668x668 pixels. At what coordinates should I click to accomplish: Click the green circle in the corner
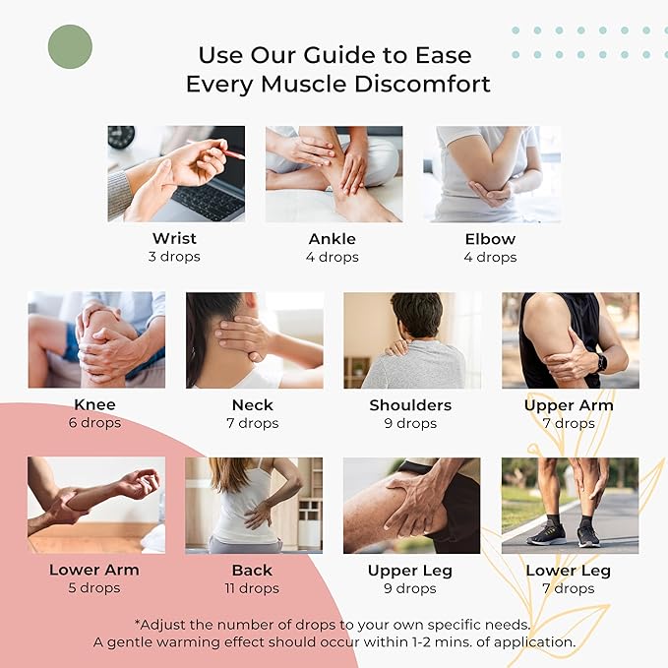pos(70,46)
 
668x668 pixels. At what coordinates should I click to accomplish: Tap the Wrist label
pos(174,238)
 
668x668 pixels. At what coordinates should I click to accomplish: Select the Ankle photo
pos(333,173)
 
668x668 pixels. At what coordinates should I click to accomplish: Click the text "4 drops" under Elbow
pos(490,257)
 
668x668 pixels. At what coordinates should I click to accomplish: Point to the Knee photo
pos(96,339)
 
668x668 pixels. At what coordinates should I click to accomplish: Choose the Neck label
pos(253,404)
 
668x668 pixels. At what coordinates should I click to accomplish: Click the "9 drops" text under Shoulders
pos(410,423)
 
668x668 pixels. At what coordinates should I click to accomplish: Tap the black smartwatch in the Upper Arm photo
pos(601,362)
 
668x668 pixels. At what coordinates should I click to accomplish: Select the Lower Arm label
pos(94,570)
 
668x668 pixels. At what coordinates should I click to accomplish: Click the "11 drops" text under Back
pos(253,588)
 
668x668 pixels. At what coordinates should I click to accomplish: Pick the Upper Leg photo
pos(411,505)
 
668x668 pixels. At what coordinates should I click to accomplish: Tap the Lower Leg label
pos(568,570)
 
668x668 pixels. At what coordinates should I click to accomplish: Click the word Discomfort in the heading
pos(413,85)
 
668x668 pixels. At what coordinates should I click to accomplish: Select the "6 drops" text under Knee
pos(95,423)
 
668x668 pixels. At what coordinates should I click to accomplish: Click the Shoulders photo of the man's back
pos(411,339)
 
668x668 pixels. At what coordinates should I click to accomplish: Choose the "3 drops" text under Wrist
pos(174,257)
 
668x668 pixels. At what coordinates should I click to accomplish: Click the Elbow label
pos(490,238)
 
